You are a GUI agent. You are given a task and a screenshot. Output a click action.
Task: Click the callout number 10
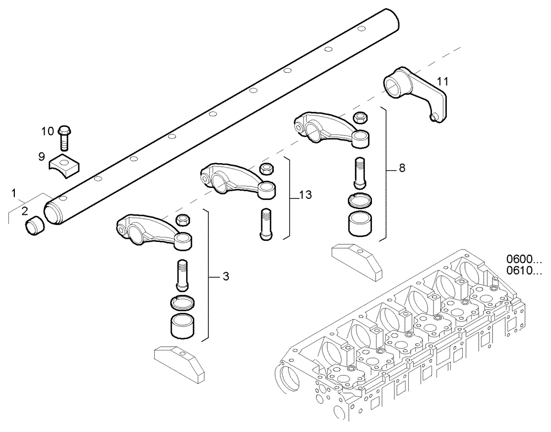click(x=47, y=131)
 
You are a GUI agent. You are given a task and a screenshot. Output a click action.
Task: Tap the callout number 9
click(x=41, y=157)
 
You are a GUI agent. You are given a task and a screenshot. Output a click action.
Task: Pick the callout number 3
click(x=225, y=276)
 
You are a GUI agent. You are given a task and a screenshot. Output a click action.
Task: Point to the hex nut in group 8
click(x=360, y=117)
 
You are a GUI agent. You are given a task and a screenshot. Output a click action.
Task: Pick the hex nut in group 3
click(x=182, y=220)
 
